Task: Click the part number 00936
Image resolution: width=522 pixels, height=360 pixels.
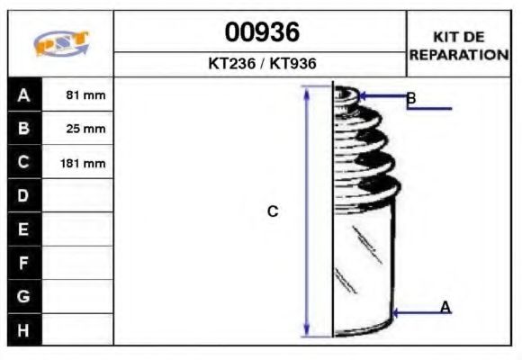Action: tap(261, 33)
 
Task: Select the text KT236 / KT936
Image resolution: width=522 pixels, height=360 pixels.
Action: tap(261, 65)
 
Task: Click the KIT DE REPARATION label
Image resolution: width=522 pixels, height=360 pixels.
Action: tap(458, 45)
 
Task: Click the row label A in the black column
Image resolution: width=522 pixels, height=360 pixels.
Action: tap(23, 94)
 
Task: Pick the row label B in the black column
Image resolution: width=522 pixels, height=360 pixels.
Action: tap(23, 129)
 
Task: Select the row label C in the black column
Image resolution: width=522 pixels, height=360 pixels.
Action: tap(23, 163)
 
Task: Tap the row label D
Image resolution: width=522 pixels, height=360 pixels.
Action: tap(23, 196)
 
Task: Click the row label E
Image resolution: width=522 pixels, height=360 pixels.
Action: tap(23, 229)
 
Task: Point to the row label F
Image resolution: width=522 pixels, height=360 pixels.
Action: tap(23, 263)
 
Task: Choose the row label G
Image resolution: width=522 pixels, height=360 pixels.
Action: tap(23, 296)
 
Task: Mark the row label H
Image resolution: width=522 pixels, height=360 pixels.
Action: tap(23, 329)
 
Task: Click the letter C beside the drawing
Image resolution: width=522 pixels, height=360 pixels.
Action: tap(273, 211)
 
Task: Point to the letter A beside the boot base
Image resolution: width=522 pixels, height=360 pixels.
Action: tap(445, 308)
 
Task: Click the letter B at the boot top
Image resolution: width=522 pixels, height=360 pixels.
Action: tap(410, 98)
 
